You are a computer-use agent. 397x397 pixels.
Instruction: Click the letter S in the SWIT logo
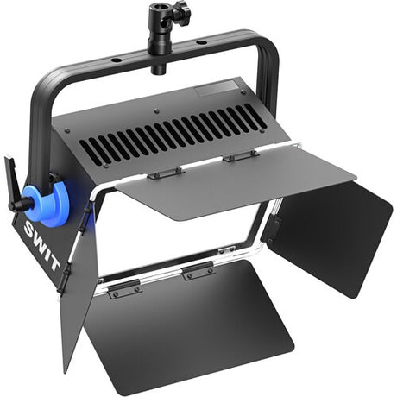click(x=30, y=229)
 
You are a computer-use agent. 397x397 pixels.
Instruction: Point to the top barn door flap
click(x=236, y=180)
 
